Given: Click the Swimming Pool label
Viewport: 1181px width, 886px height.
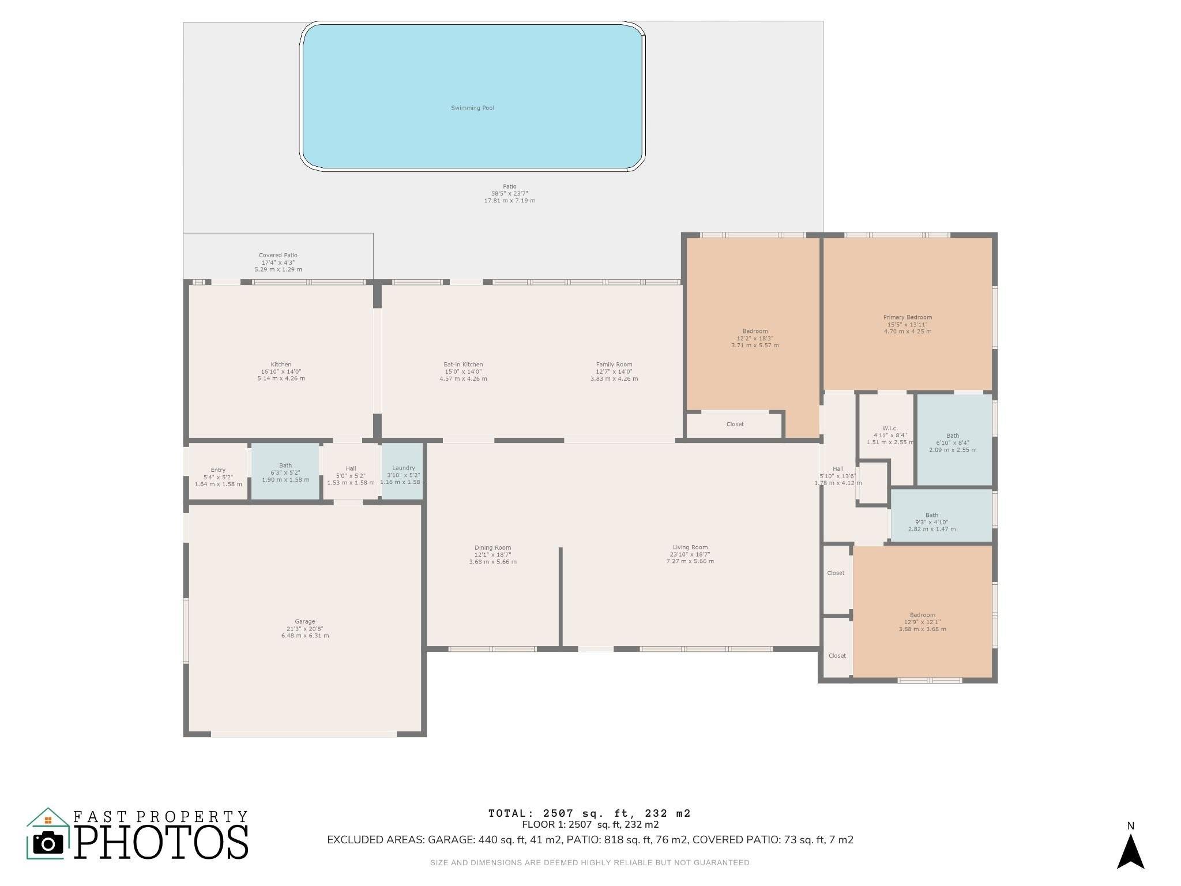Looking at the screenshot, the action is (x=472, y=108).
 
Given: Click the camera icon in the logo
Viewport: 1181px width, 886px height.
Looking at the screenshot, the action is (x=48, y=843).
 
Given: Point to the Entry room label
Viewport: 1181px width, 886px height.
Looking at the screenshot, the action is (x=218, y=470).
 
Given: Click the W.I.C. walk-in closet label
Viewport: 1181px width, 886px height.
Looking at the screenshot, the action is (x=890, y=429).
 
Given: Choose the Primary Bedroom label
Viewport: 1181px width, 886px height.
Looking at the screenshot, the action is (x=908, y=317).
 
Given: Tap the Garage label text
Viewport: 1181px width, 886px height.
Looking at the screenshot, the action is (x=305, y=622).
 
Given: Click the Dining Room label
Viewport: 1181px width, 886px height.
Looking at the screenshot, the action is (x=493, y=547).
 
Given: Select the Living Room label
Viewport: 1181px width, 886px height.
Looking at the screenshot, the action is (x=690, y=547).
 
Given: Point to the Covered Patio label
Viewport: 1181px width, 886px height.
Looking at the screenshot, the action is (x=278, y=256).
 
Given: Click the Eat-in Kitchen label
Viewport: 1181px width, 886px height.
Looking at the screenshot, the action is (x=463, y=365).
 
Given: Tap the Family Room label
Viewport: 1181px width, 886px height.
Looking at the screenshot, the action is (x=614, y=365).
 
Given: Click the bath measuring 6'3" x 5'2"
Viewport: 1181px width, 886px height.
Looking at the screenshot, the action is (x=285, y=471).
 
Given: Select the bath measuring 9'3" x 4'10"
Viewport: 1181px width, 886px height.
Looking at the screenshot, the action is (x=942, y=516).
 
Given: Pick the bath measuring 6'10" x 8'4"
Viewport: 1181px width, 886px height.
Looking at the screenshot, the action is (x=954, y=440).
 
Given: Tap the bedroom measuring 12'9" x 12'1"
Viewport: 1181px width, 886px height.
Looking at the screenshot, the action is (x=922, y=611).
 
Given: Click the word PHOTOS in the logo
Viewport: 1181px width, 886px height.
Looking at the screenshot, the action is (x=161, y=843).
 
